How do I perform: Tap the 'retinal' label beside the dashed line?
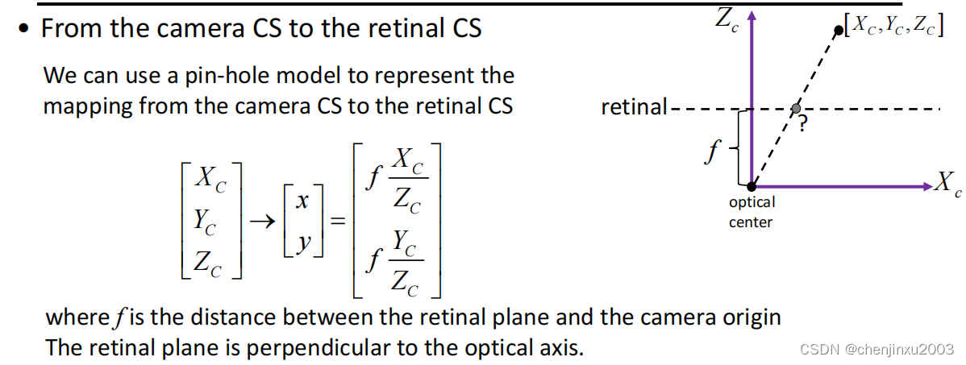634,107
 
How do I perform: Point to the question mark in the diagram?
803,123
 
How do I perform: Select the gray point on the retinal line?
796,108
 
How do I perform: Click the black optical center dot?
752,187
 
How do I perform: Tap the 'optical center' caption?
751,212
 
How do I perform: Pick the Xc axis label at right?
947,184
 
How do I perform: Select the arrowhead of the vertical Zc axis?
752,15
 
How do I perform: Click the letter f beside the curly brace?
711,151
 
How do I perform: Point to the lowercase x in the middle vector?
302,202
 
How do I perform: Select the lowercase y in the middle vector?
302,241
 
